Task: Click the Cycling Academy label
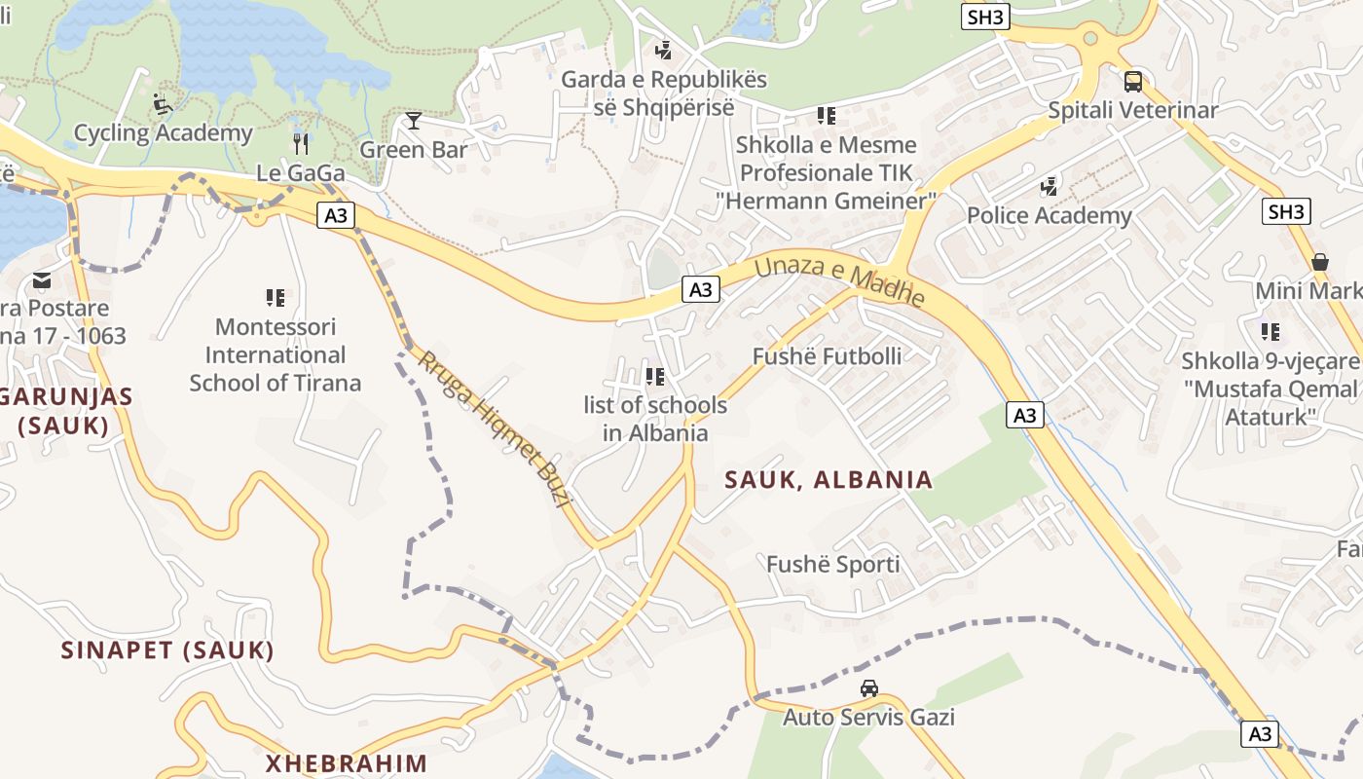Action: [x=164, y=133]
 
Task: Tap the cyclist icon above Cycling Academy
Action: [x=163, y=103]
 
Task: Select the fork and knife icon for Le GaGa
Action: [x=301, y=144]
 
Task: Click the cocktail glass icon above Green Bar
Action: [x=414, y=121]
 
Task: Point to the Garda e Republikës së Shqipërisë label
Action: [x=664, y=93]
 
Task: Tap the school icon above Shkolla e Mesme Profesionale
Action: [x=827, y=117]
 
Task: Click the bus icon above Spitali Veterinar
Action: [x=1133, y=82]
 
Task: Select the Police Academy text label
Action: [x=1049, y=215]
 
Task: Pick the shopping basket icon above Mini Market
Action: [x=1320, y=262]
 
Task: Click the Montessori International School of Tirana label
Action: [x=276, y=354]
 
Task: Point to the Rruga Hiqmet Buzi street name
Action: [x=493, y=428]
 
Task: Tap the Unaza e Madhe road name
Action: [x=838, y=279]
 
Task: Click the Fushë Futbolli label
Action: [x=827, y=356]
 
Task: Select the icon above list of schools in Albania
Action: [x=655, y=376]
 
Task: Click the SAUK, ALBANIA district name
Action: [x=829, y=479]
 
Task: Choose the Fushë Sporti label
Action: [x=832, y=565]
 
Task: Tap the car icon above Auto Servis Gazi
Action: [x=869, y=688]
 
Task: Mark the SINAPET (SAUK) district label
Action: [x=167, y=650]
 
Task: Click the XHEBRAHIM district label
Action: [x=347, y=762]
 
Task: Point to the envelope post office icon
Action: [x=42, y=280]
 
